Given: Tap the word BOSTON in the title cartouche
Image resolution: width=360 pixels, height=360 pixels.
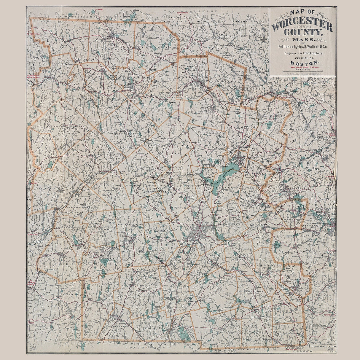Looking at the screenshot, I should pos(304,63).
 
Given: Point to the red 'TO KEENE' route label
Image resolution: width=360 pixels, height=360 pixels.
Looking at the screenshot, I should pos(98,10).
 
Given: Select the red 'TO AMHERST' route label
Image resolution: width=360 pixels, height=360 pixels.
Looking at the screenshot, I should pos(33,234).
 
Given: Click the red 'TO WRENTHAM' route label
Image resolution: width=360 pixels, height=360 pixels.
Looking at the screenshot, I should pos(329,315).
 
